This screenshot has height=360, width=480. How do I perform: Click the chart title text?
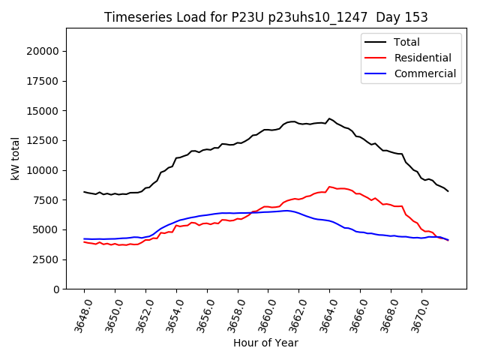coord(266,17)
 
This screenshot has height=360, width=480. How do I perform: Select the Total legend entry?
coord(407,42)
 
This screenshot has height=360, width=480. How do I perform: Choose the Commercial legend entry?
coord(424,73)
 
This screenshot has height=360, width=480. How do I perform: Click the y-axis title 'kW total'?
coord(15,158)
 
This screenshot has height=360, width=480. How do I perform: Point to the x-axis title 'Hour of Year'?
coord(265,343)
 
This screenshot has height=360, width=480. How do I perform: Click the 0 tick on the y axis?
coord(56,289)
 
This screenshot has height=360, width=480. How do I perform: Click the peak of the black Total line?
coord(329,118)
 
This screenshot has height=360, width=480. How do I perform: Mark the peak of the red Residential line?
coord(329,187)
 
